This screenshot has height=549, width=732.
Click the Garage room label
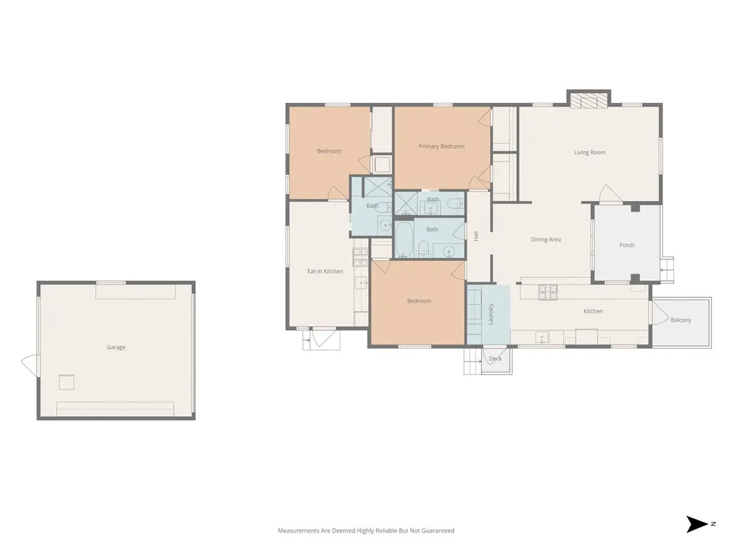pos(116,347)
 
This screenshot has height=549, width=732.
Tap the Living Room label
pos(589,152)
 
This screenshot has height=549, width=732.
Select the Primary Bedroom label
pos(441,147)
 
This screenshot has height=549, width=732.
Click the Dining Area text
pos(545,239)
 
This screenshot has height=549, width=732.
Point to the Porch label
pos(626,245)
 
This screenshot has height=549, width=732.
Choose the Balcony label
pos(681,320)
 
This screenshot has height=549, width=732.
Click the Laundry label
pos(491,315)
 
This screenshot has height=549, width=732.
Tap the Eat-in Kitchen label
pos(325,272)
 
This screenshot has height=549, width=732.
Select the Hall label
pos(476,235)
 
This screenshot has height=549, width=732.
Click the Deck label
pos(495,358)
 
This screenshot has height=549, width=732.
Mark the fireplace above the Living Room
pos(588,99)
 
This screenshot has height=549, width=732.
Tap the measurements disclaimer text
pos(365,530)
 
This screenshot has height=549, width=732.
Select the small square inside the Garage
pos(66,382)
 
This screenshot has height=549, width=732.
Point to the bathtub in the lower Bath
pos(404,239)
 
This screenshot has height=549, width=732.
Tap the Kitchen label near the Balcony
pos(593,311)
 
